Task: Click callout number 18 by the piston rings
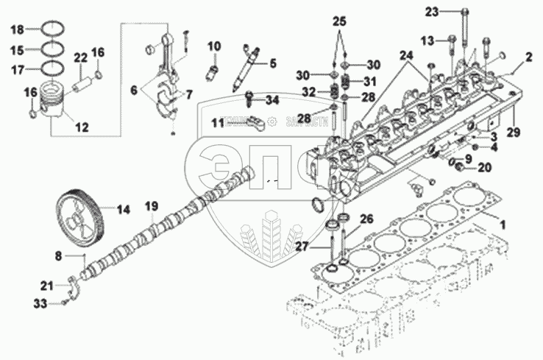pos(16,29)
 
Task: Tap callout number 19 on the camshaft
pos(151,207)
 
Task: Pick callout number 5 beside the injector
pos(272,63)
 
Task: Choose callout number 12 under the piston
pos(82,127)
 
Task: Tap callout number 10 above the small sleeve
pos(213,46)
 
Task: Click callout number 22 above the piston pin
pos(80,58)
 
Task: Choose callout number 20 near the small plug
pos(483,167)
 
